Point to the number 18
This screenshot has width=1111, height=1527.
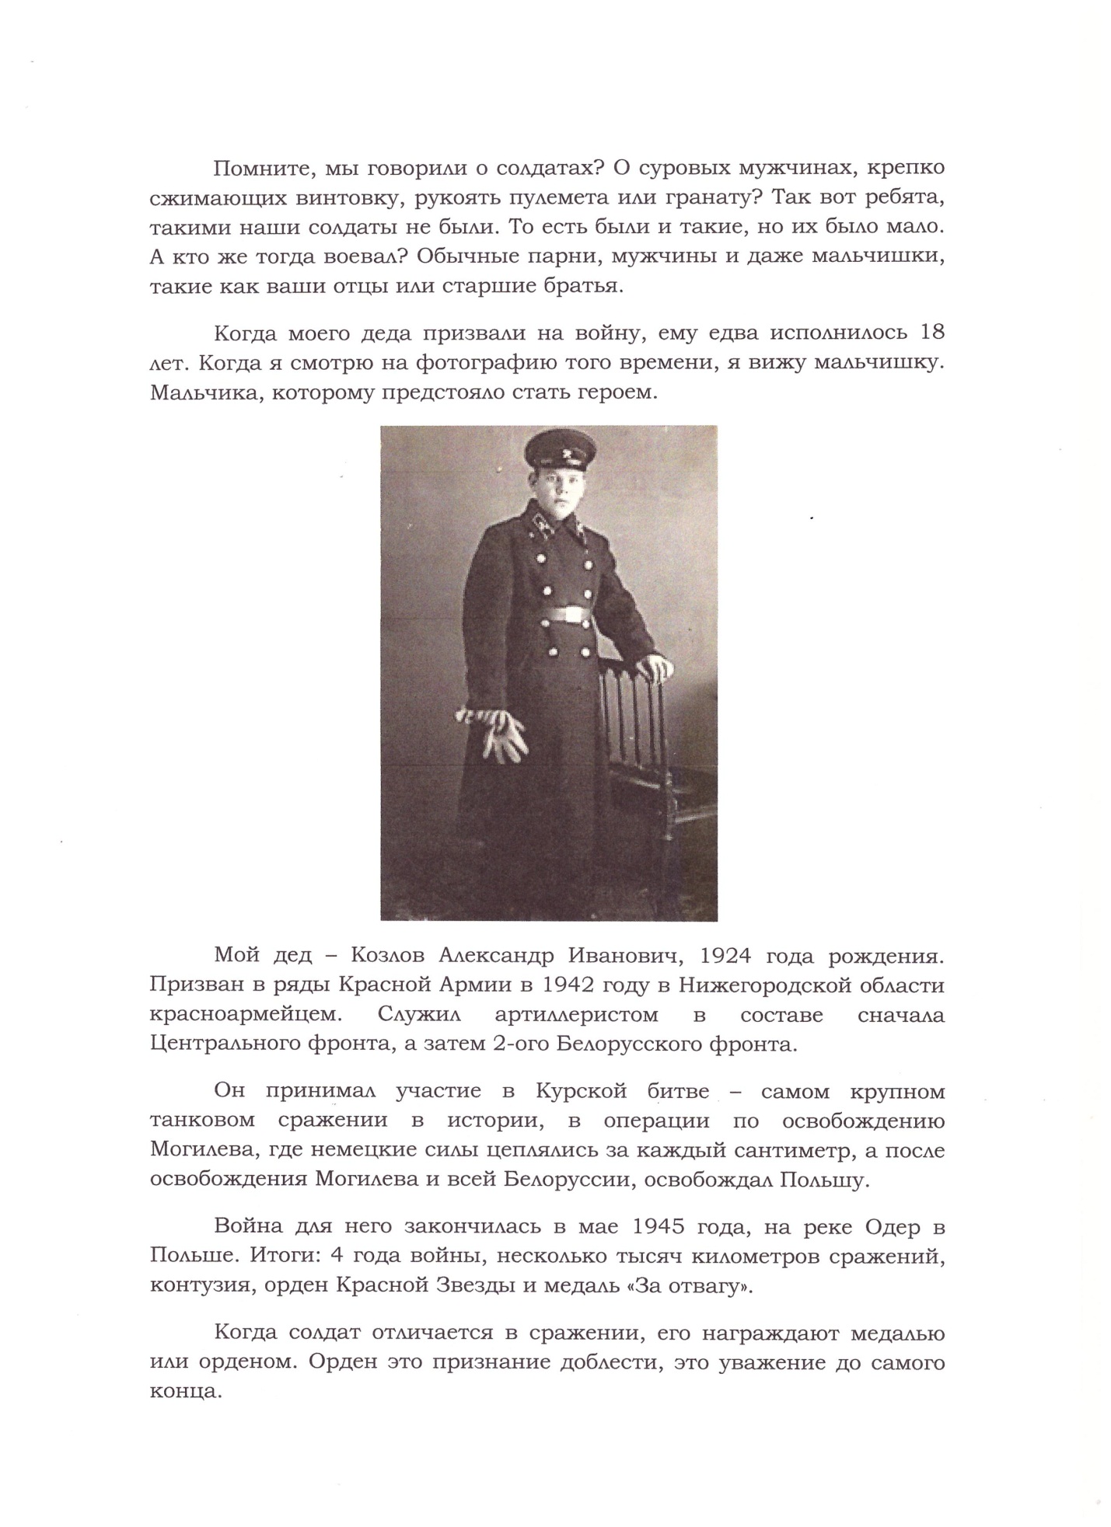[931, 333]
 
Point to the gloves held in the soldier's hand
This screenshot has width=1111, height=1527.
[502, 734]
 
